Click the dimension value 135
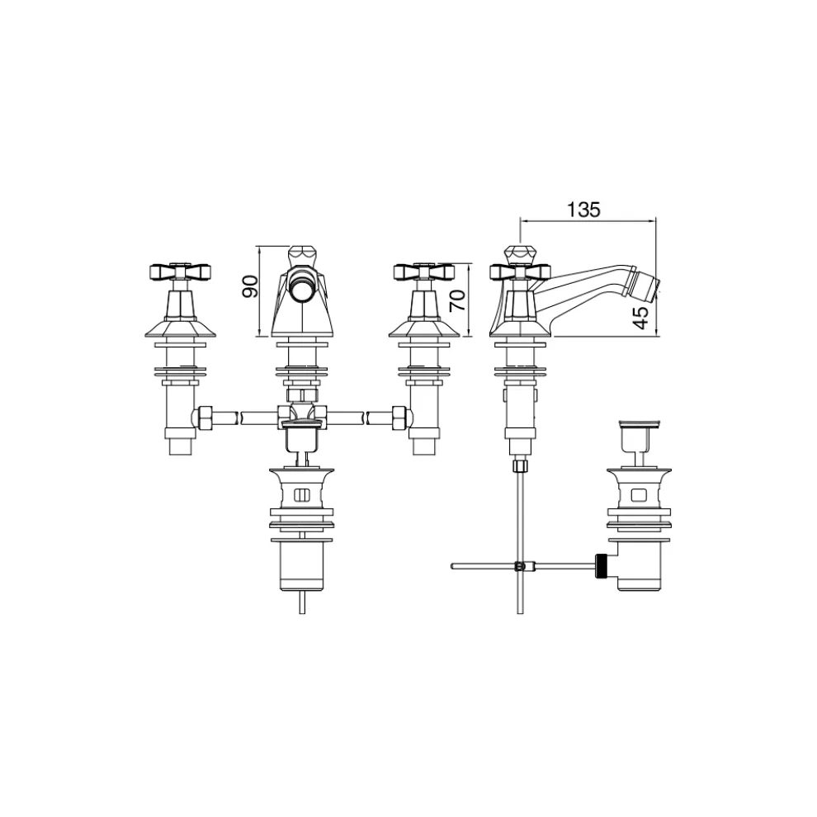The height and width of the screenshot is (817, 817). coord(583,209)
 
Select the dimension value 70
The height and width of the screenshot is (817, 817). coord(459,300)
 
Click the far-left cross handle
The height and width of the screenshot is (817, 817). coord(181,270)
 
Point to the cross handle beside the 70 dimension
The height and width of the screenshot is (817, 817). coord(423,270)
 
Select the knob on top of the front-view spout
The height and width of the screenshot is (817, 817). coord(302,253)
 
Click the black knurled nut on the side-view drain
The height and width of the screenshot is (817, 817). coord(605,565)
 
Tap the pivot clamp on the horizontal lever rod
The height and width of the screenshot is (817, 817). coord(518,566)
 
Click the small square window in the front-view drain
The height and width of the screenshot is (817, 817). coord(302,496)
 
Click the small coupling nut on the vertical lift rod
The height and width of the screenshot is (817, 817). coord(517,465)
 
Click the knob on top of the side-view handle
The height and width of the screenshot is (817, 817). coord(517,253)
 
